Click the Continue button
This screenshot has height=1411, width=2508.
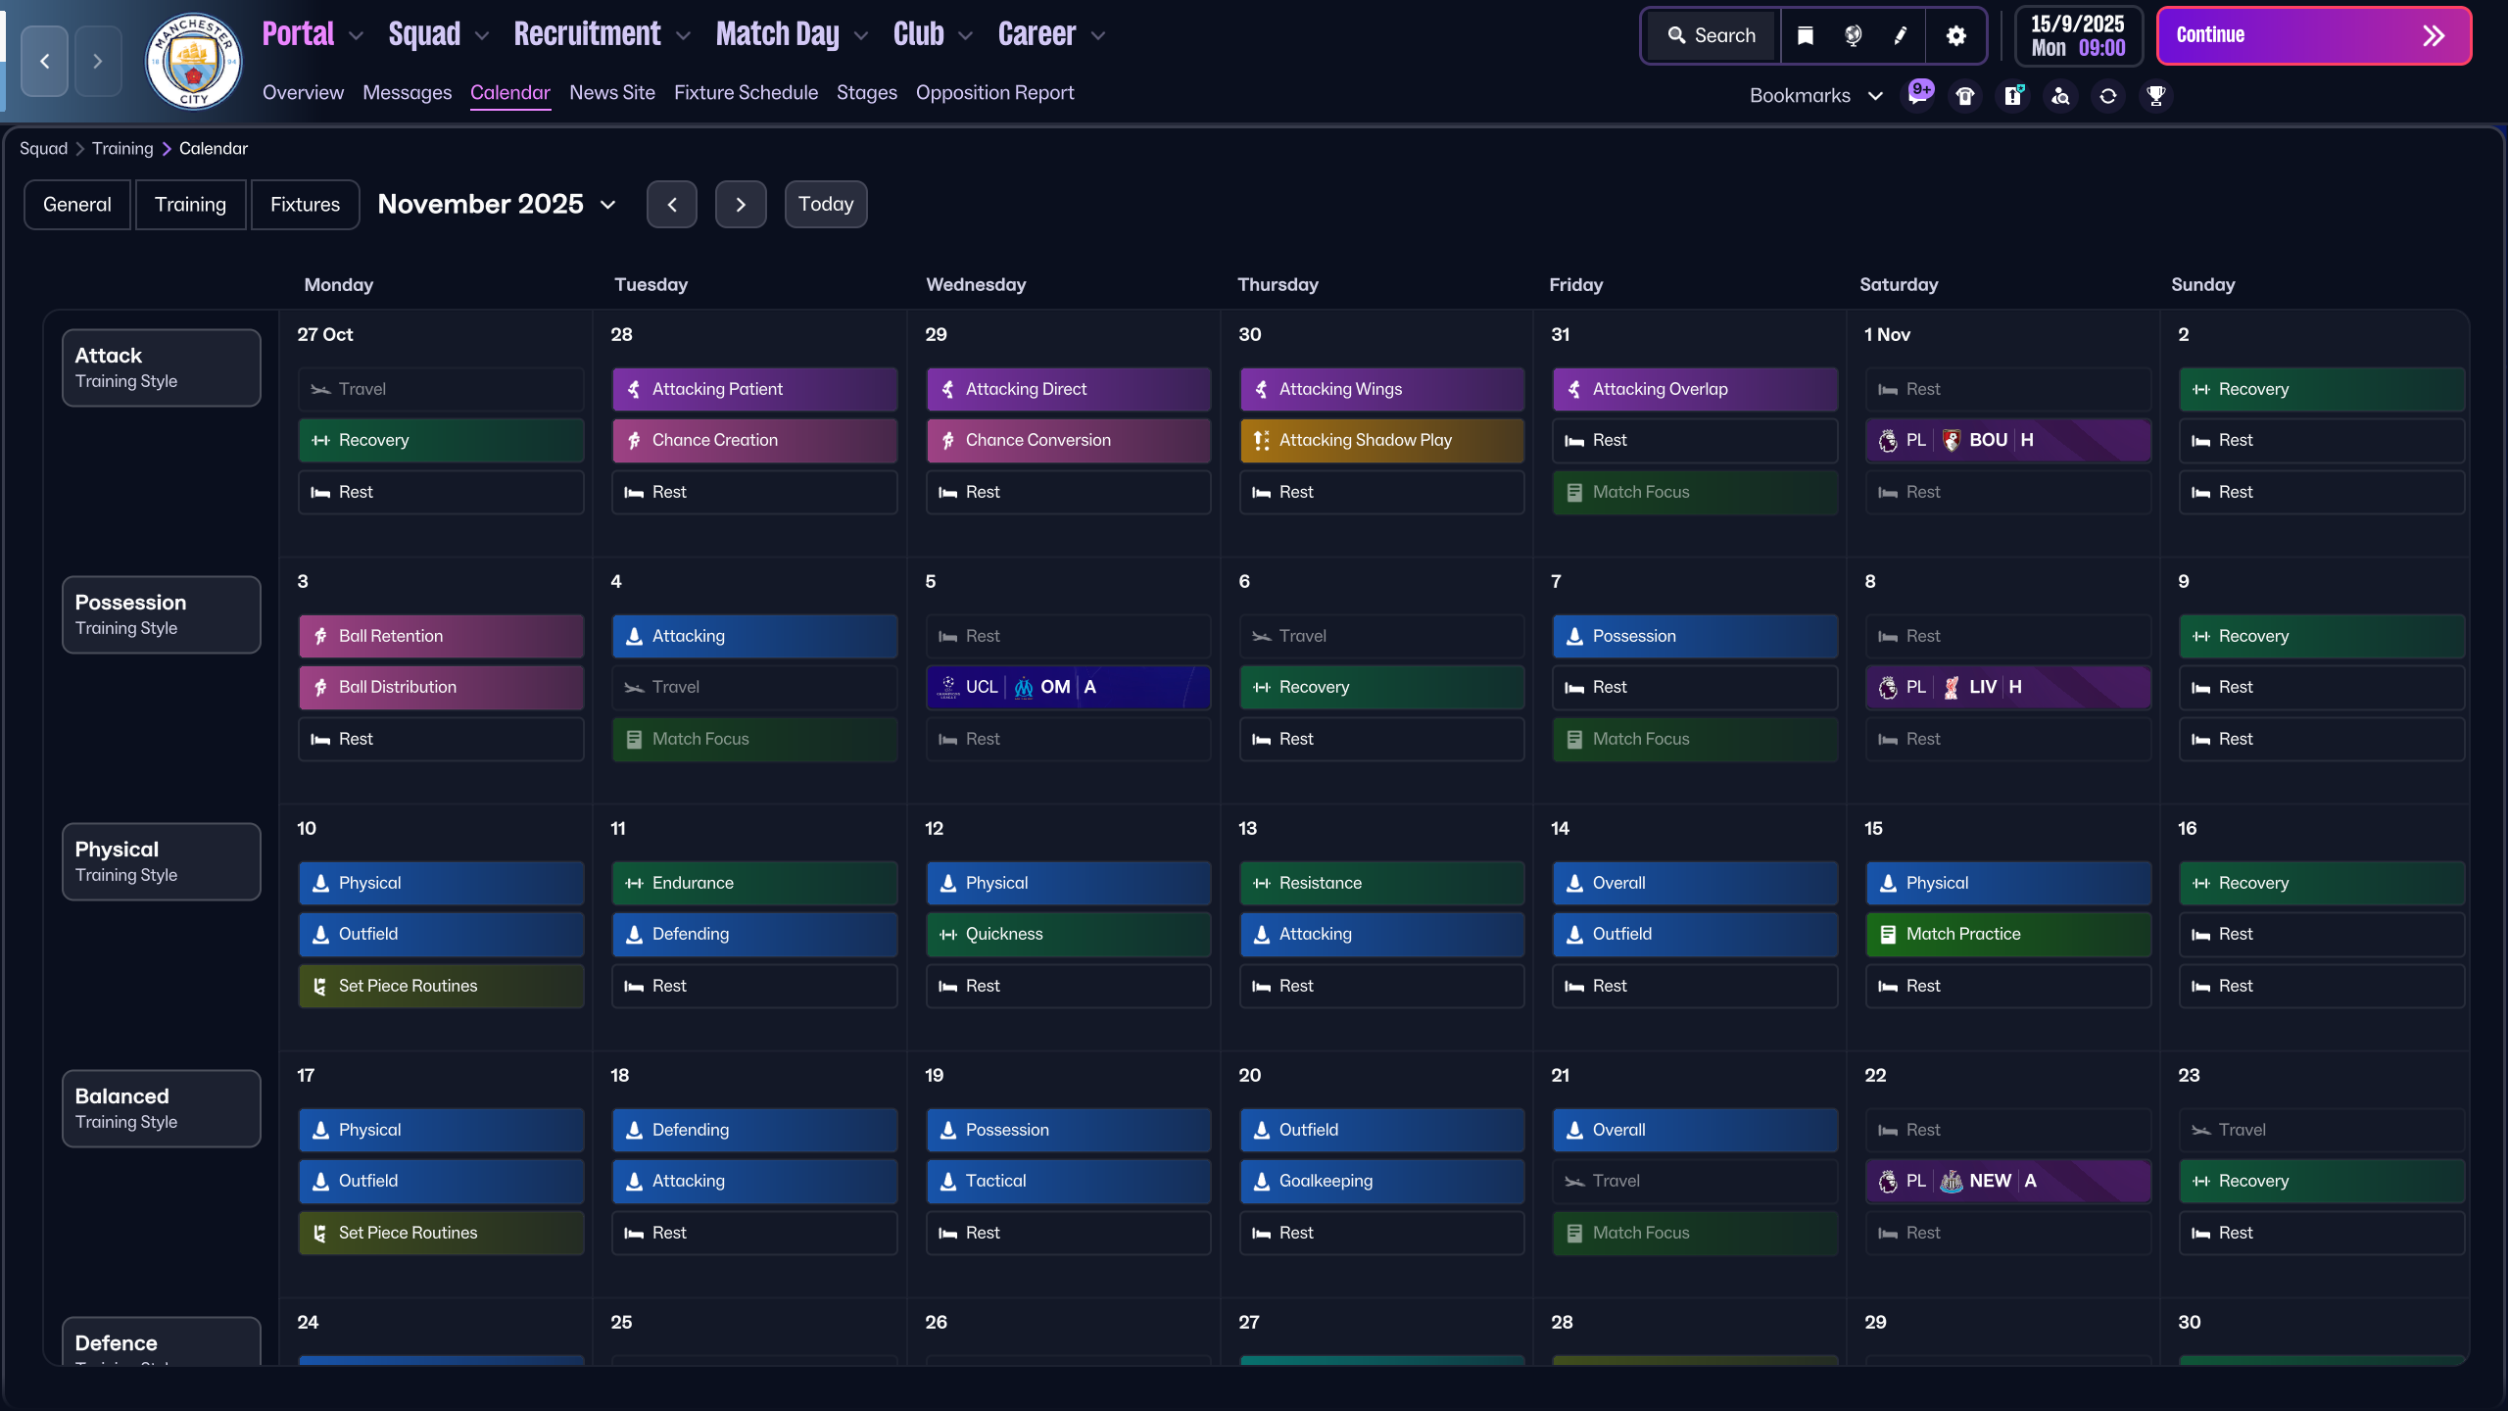pos(2312,36)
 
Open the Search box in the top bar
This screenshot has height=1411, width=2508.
pos(1712,36)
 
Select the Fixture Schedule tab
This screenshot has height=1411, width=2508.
pos(746,93)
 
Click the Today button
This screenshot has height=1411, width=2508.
pos(825,204)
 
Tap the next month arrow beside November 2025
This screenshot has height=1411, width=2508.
pos(741,204)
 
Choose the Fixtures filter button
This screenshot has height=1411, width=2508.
pos(305,204)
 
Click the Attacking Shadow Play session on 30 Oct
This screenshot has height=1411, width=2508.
pos(1381,441)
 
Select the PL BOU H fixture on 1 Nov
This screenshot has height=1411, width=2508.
pos(2007,441)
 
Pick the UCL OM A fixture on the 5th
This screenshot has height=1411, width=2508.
pos(1068,688)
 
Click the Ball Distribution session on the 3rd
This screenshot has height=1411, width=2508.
pos(441,688)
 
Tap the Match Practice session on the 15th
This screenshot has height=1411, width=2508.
pos(2007,935)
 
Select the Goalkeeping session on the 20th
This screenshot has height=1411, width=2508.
pos(1381,1182)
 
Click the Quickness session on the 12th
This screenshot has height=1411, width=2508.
pos(1068,935)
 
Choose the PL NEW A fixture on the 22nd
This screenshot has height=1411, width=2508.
pos(2007,1182)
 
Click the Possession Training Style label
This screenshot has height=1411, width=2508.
pos(162,614)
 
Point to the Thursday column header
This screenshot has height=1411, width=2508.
pos(1278,285)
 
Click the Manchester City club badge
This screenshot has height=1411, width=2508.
pos(194,61)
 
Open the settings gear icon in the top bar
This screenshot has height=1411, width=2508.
pos(1955,36)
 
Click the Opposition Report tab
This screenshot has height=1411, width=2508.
pos(994,93)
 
